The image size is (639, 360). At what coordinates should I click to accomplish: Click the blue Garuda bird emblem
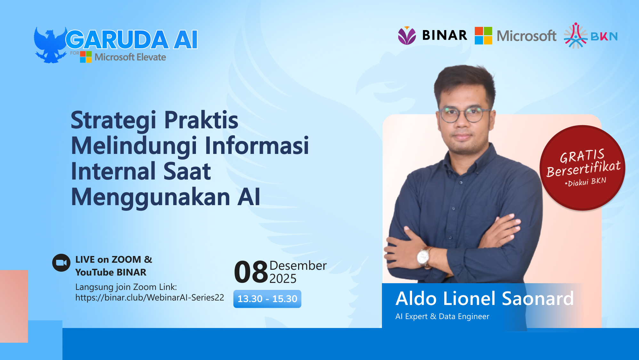click(50, 45)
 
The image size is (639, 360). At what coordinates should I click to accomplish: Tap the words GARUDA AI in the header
click(132, 40)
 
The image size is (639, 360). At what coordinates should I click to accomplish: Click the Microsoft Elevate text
click(130, 57)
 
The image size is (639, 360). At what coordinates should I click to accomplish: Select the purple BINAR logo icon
click(407, 36)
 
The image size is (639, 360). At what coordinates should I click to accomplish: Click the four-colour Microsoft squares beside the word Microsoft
click(483, 36)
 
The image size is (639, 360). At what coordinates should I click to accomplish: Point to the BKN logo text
click(604, 36)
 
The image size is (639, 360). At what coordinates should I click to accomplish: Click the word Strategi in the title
click(114, 120)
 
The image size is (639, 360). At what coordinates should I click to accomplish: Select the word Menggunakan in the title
click(150, 197)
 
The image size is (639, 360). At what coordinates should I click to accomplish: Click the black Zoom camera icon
click(61, 263)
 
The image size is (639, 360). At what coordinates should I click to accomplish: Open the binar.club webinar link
click(150, 298)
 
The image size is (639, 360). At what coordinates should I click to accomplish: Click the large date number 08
click(251, 272)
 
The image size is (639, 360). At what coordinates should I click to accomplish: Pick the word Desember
click(298, 266)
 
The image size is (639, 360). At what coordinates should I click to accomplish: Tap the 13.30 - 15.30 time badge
click(267, 299)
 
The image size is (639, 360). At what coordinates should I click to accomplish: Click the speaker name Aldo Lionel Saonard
click(484, 299)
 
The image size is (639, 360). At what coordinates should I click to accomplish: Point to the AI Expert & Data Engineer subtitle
click(442, 316)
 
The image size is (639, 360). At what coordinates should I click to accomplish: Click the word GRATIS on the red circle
click(582, 156)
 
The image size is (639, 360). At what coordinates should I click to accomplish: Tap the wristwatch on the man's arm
click(424, 256)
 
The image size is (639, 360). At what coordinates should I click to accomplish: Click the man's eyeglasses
click(464, 114)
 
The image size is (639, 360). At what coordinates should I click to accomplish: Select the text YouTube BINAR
click(111, 272)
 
